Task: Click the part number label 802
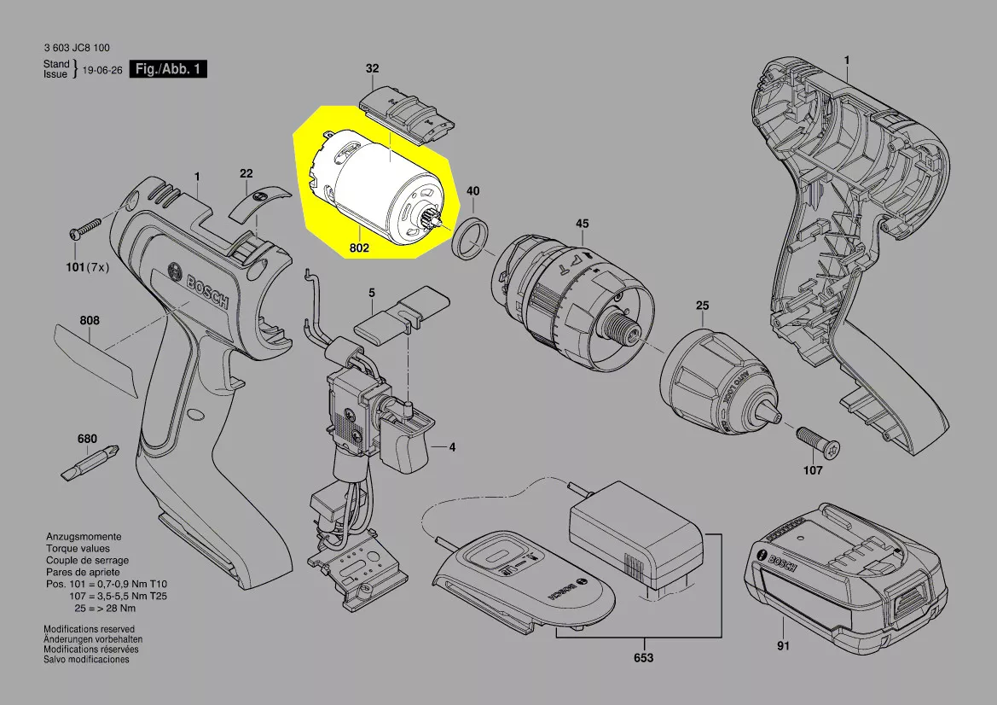click(359, 248)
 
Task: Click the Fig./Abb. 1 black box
click(168, 69)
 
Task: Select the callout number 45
click(583, 224)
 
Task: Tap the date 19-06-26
click(102, 70)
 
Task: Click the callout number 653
click(643, 657)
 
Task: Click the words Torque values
click(78, 549)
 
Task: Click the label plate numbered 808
click(96, 360)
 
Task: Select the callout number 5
click(372, 293)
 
